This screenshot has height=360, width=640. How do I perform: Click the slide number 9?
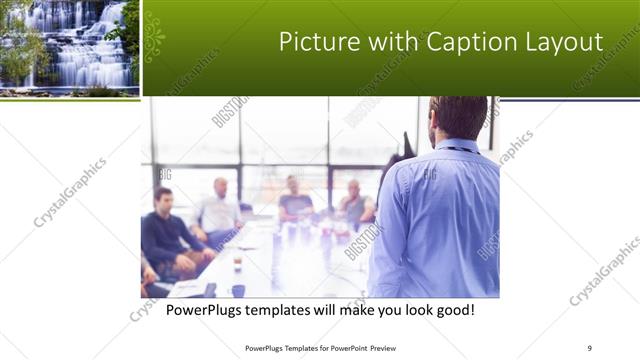click(x=589, y=348)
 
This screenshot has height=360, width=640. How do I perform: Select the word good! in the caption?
click(x=452, y=311)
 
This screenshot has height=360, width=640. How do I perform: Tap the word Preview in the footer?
click(x=375, y=348)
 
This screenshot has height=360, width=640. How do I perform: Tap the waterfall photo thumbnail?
click(x=68, y=46)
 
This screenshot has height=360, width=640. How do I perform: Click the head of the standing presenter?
click(x=457, y=119)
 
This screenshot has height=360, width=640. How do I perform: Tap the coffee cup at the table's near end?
click(x=238, y=290)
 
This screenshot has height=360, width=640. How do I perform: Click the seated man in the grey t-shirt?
click(x=295, y=200)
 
